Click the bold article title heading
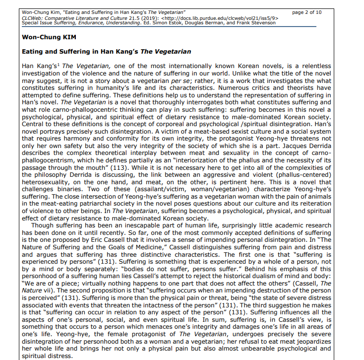pos(107,52)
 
